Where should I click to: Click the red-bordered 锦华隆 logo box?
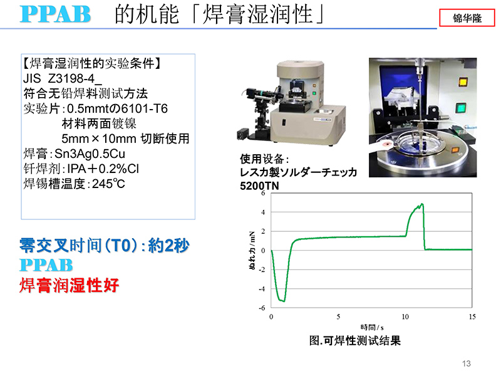click(467, 18)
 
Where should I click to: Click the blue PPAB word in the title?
click(55, 14)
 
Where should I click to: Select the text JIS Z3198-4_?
click(62, 78)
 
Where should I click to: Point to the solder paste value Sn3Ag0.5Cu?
click(90, 154)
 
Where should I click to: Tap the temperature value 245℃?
click(108, 184)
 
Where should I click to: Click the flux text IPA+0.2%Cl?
click(103, 169)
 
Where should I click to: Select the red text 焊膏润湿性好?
click(70, 285)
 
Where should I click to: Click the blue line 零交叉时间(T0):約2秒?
click(105, 246)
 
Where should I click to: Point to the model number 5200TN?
click(259, 185)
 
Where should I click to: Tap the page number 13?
click(466, 363)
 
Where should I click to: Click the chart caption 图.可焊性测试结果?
click(354, 340)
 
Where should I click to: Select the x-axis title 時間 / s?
click(372, 327)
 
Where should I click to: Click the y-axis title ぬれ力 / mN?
click(252, 250)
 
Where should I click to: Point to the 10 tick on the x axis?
click(405, 317)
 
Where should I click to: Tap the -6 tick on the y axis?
click(262, 308)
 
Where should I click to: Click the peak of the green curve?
click(422, 204)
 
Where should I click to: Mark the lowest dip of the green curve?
click(284, 301)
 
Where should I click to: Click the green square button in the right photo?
click(460, 108)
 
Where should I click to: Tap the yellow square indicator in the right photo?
click(463, 82)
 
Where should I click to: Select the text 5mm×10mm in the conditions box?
click(99, 138)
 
